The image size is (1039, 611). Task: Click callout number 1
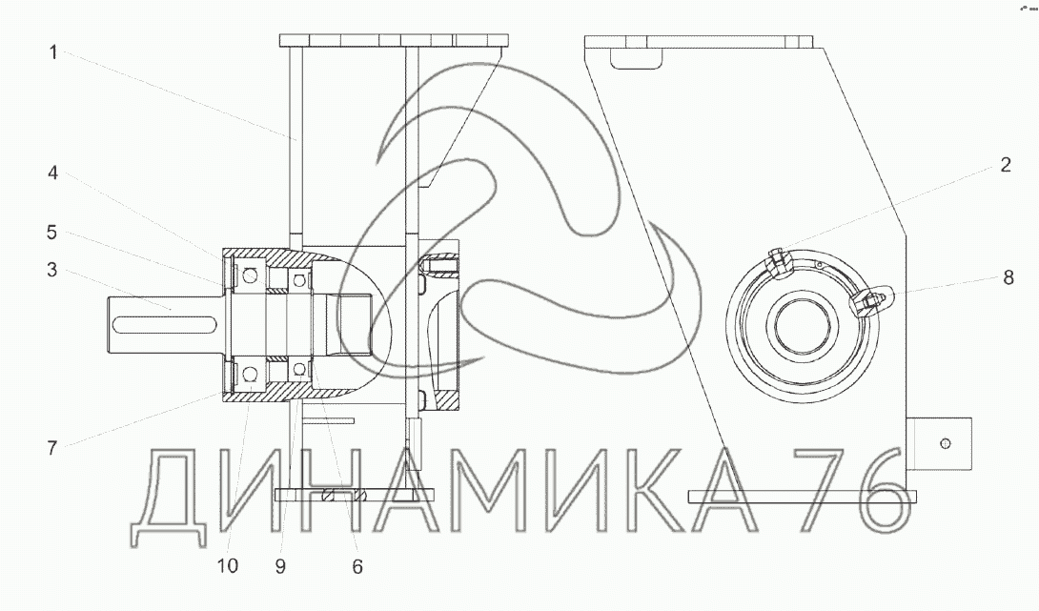coord(53,52)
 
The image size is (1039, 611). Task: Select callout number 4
coord(53,173)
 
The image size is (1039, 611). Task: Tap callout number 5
coord(51,233)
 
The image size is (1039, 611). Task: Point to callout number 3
coord(51,271)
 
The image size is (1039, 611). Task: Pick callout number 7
coord(52,448)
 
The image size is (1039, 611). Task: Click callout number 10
coord(227,566)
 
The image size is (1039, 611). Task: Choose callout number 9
coord(280,566)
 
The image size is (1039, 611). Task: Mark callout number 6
coord(357,566)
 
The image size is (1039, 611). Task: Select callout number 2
coord(1006,165)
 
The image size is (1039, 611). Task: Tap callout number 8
coord(1008,277)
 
